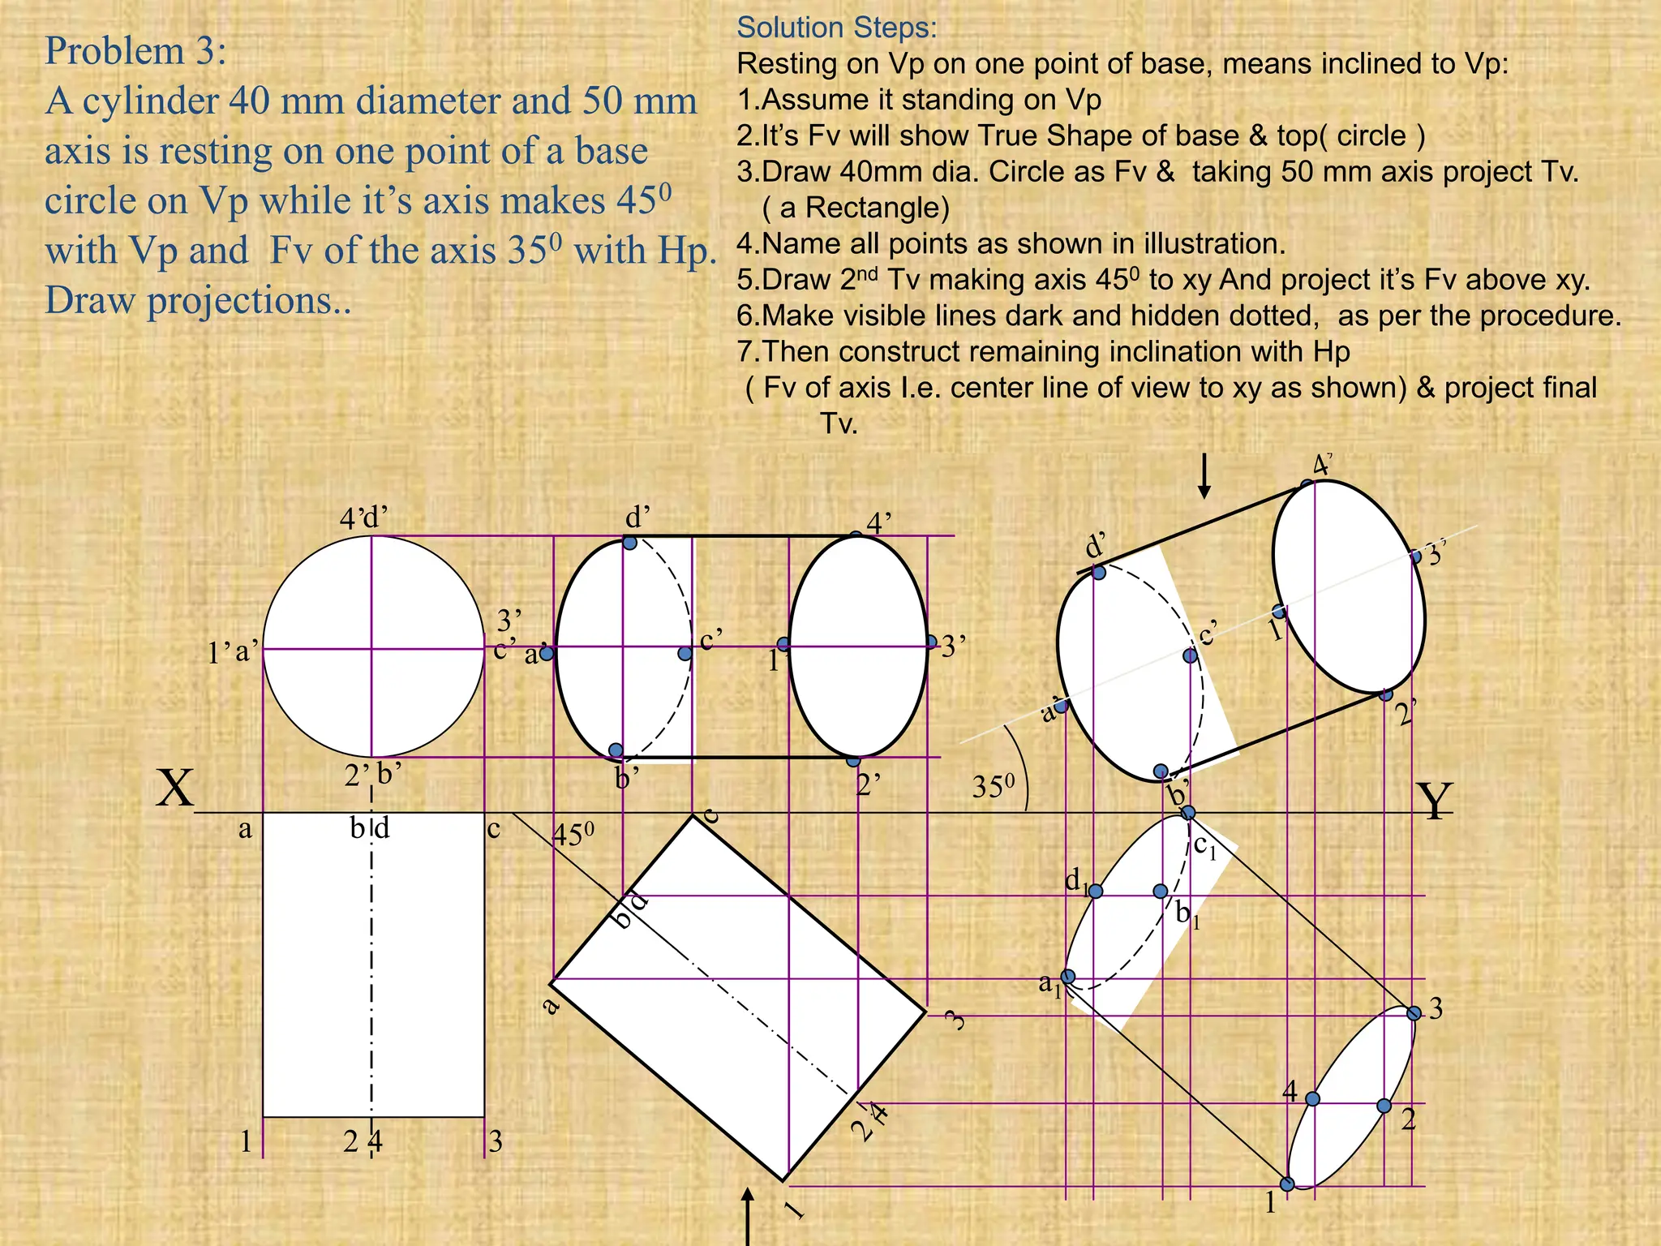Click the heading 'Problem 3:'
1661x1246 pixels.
(x=135, y=51)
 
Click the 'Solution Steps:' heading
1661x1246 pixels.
(x=836, y=28)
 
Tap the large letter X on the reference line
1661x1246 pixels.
(x=175, y=788)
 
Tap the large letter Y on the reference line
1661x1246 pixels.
(x=1434, y=801)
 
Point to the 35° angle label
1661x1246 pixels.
(x=993, y=786)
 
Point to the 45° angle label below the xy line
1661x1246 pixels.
(x=573, y=834)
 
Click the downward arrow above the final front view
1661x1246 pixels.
(x=1204, y=476)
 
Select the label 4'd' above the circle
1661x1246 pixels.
(x=363, y=518)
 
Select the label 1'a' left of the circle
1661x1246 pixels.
(x=233, y=651)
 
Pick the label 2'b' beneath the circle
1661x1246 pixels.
(x=373, y=775)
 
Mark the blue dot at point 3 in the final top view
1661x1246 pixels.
(x=1414, y=1013)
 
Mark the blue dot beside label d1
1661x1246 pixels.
(x=1096, y=892)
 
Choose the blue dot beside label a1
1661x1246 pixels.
(x=1069, y=977)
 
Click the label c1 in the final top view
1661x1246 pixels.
(x=1205, y=848)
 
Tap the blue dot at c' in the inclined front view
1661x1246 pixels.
(x=1190, y=655)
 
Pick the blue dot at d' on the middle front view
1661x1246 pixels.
(x=629, y=543)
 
